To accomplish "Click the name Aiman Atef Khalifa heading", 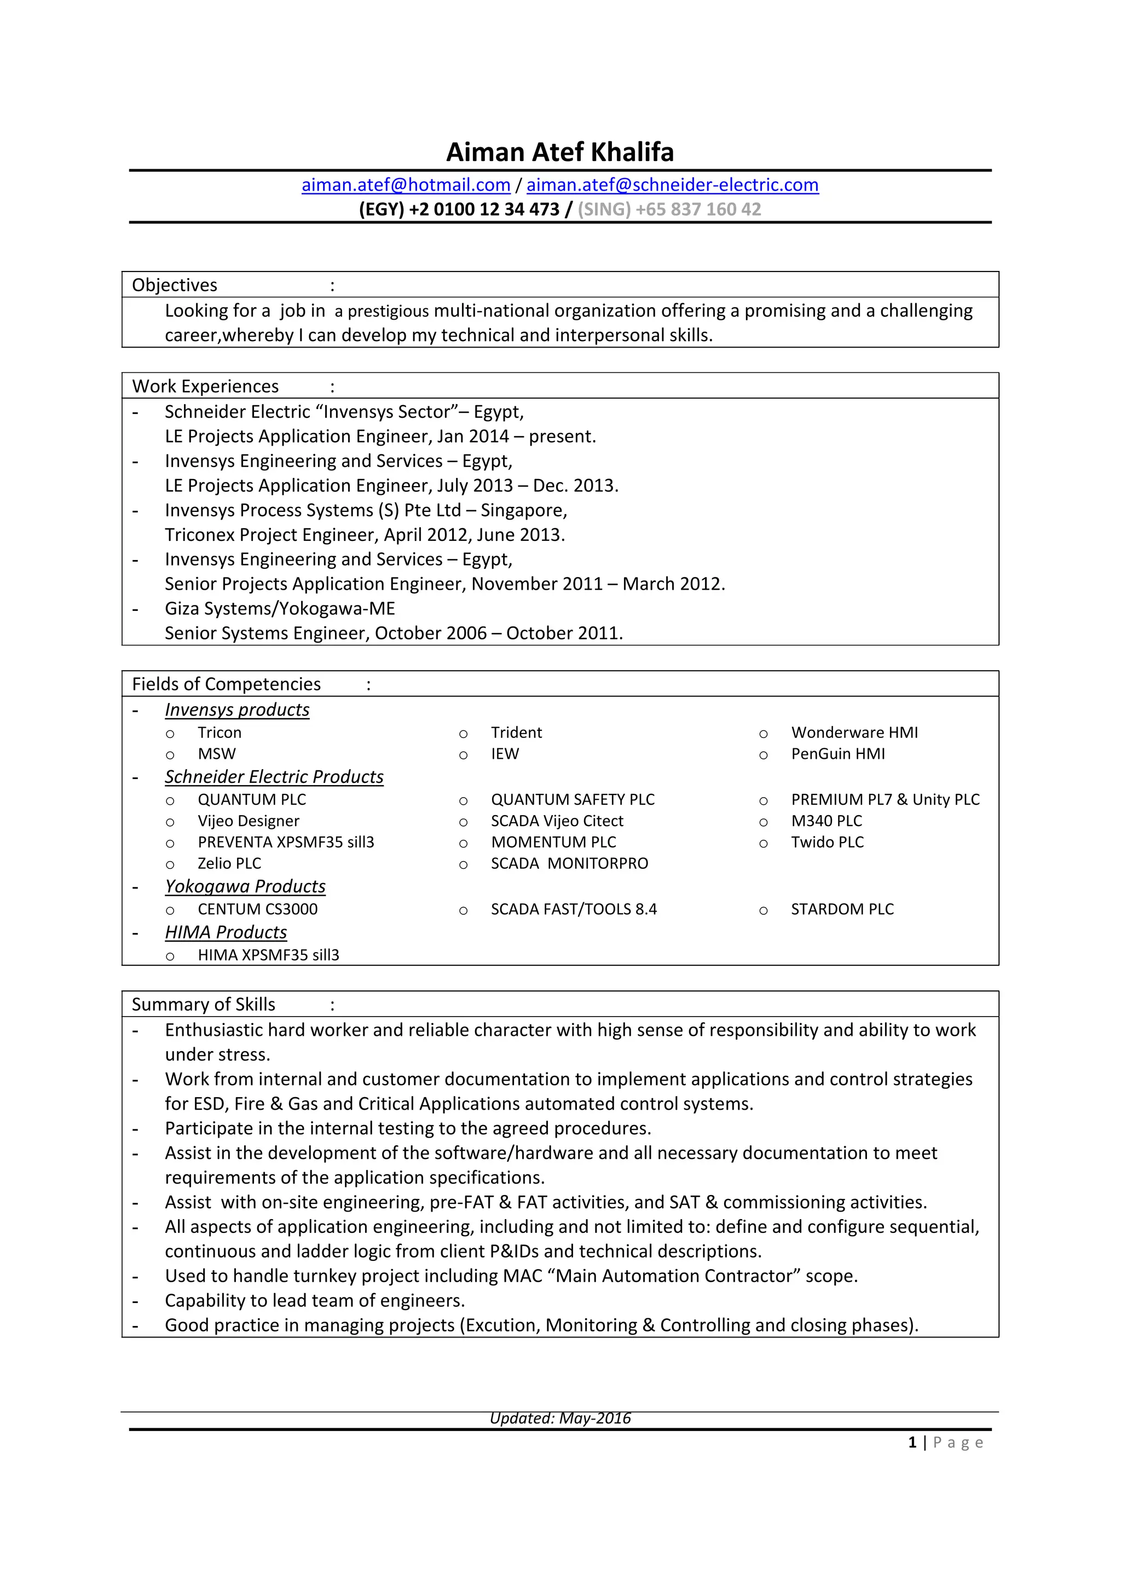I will (x=559, y=152).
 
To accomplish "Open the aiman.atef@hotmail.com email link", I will (x=406, y=185).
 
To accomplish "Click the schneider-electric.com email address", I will (x=672, y=185).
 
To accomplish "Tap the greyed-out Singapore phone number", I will (x=669, y=209).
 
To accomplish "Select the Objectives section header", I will (x=175, y=285).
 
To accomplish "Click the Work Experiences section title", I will (x=205, y=386).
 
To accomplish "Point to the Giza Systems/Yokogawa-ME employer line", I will (x=280, y=609).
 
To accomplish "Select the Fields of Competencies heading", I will (x=226, y=684).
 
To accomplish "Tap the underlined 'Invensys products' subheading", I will (x=237, y=710).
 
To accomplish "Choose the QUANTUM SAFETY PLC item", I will (x=573, y=799).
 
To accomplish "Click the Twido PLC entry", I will (x=827, y=842).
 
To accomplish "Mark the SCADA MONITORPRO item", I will (x=569, y=863).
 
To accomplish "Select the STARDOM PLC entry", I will (x=842, y=909).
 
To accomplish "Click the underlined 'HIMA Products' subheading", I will (x=226, y=932).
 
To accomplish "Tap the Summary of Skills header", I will (x=203, y=1005).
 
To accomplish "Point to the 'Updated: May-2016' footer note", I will (x=560, y=1418).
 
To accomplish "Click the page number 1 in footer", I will (x=912, y=1443).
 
